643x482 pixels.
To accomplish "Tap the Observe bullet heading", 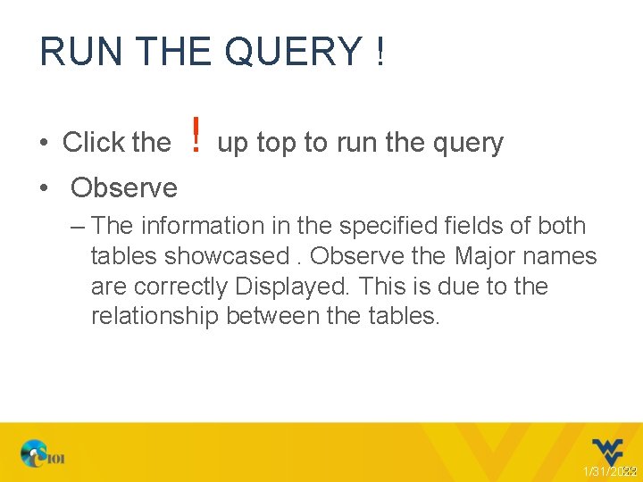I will [x=124, y=187].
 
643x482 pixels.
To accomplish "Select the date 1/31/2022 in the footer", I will [x=609, y=471].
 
